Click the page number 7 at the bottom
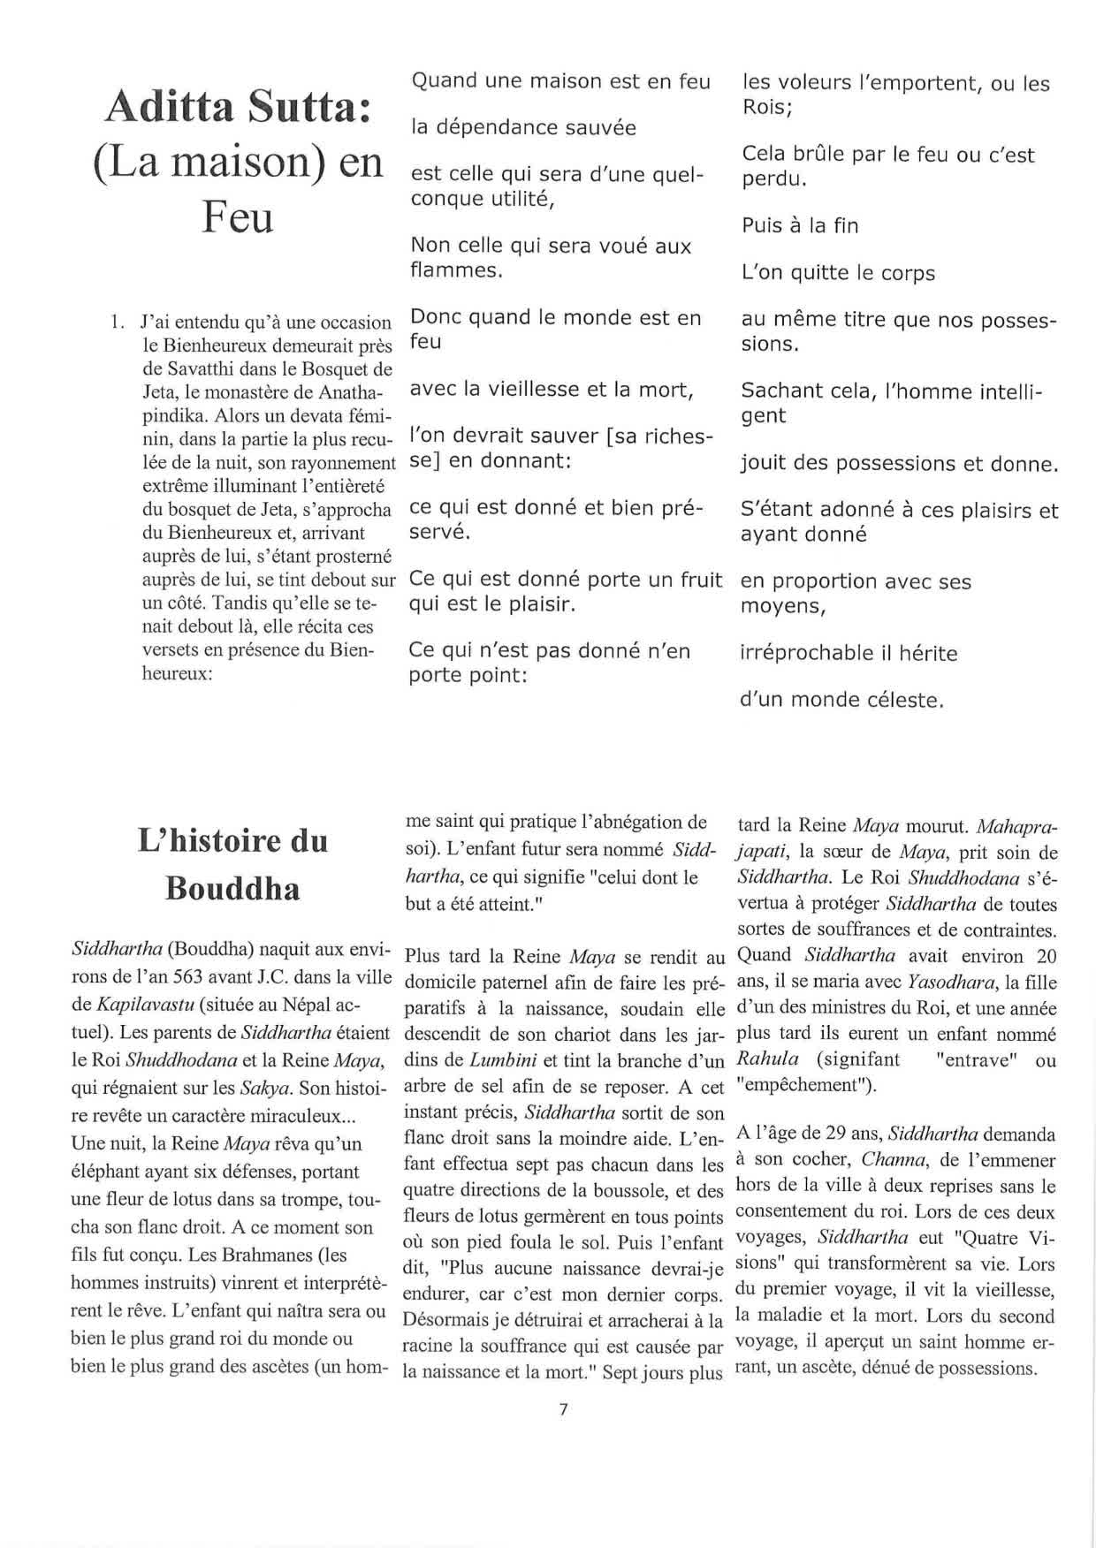click(x=563, y=1409)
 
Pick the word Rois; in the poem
click(x=766, y=108)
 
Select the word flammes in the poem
click(x=456, y=270)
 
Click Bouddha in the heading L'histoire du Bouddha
click(x=232, y=888)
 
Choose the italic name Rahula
click(x=767, y=1059)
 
